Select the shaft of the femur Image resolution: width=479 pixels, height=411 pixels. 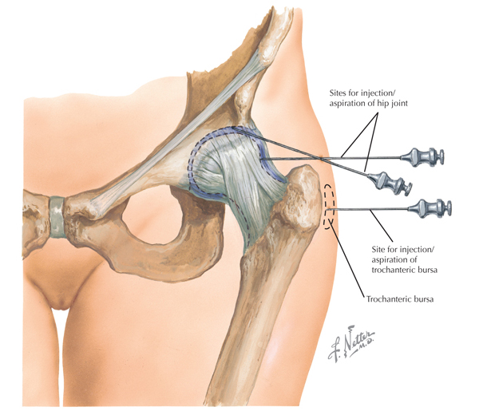[x=275, y=319]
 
